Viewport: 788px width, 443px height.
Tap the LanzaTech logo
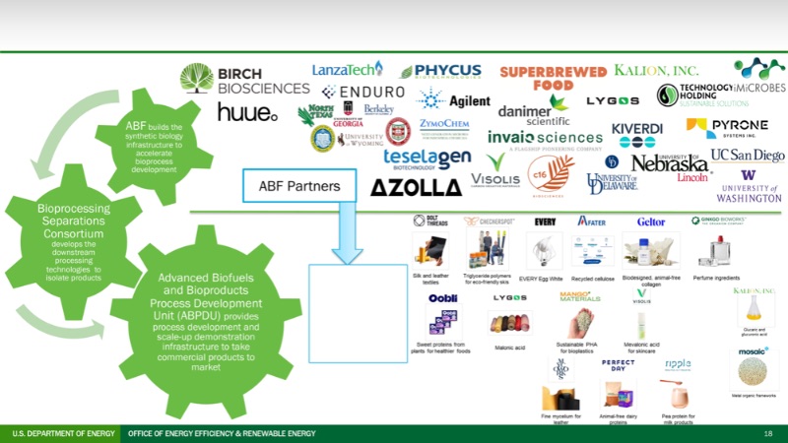[x=346, y=70]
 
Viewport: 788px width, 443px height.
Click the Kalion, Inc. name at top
[x=656, y=71]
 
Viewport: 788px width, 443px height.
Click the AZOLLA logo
[x=416, y=186]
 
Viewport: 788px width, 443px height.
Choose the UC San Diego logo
[x=748, y=155]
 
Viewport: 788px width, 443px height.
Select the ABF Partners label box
[x=291, y=185]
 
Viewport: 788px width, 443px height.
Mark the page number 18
[x=768, y=433]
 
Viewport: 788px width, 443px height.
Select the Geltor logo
[x=651, y=221]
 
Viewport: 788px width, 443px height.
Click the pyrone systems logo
[x=727, y=128]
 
